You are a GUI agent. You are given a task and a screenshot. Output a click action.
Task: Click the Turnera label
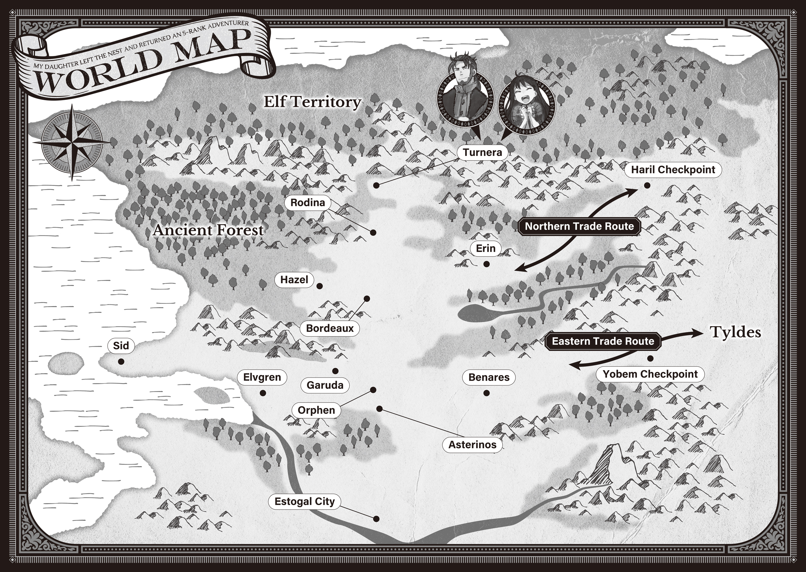click(482, 153)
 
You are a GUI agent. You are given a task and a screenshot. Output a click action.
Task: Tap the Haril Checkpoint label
click(673, 170)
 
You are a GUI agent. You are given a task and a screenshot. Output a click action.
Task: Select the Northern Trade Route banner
click(579, 226)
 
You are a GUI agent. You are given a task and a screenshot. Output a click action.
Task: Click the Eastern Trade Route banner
click(603, 341)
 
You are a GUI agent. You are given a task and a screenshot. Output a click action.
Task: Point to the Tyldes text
click(735, 332)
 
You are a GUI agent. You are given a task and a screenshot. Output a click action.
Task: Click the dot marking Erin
click(487, 264)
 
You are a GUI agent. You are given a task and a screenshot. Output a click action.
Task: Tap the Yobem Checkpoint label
click(650, 374)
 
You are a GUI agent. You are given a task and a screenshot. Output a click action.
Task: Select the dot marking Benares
click(487, 393)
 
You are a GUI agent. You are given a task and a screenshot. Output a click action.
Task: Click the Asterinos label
click(472, 444)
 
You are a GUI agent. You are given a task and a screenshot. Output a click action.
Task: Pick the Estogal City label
click(304, 501)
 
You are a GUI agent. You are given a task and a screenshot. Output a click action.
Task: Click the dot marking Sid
click(121, 362)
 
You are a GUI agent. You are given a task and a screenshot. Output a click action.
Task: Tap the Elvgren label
click(262, 377)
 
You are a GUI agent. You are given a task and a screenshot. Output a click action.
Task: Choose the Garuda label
click(325, 385)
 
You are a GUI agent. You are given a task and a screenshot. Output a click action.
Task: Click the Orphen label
click(316, 410)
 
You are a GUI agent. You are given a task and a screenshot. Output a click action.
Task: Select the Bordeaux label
click(329, 328)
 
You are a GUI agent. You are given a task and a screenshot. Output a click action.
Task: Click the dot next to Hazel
click(319, 286)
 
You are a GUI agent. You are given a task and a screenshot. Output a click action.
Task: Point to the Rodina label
click(308, 202)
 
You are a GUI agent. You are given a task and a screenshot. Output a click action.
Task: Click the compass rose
click(72, 142)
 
